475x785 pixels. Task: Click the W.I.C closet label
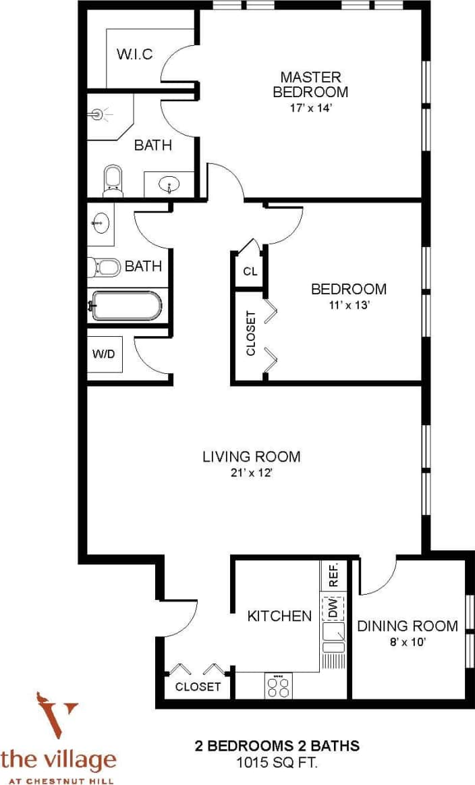pos(136,53)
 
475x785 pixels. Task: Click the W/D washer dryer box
pos(105,354)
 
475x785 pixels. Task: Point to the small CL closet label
pos(250,272)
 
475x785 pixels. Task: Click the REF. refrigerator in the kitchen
pos(333,574)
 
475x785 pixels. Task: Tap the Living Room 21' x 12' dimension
pos(251,473)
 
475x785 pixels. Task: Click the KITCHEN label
pos(279,616)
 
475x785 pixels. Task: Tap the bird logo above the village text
pos(50,715)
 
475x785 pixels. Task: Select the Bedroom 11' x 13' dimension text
pos(348,304)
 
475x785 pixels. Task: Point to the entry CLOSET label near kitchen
pos(198,686)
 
